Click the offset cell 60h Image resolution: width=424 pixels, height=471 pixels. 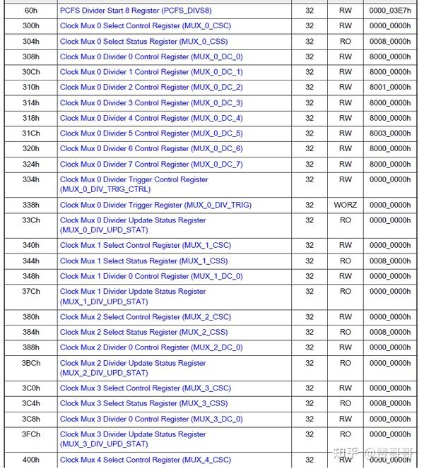30,11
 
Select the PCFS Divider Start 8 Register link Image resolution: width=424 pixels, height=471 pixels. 136,11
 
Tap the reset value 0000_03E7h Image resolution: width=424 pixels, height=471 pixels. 389,11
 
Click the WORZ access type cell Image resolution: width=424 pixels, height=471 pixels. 345,205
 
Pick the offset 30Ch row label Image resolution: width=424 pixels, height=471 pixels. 30,72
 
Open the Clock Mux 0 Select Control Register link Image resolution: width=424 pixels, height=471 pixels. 145,26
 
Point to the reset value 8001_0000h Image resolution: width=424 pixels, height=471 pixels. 389,88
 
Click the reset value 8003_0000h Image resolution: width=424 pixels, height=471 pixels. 389,133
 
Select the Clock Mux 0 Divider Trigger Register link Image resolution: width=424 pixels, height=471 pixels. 155,205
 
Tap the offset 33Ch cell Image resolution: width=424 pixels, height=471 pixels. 30,220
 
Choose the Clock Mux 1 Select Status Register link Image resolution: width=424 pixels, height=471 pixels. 143,261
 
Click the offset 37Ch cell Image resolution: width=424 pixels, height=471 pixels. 30,292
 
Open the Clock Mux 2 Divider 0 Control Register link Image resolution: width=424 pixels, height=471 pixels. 151,347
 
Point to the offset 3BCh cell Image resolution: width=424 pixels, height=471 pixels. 30,363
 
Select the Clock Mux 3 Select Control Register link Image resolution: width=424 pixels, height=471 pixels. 145,388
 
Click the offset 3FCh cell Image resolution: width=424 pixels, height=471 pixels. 30,434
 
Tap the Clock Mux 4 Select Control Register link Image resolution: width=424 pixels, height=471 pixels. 145,460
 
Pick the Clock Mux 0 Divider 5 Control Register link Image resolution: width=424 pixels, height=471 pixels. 151,133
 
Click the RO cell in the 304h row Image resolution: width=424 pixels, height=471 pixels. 345,42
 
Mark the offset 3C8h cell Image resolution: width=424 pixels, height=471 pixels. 30,419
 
